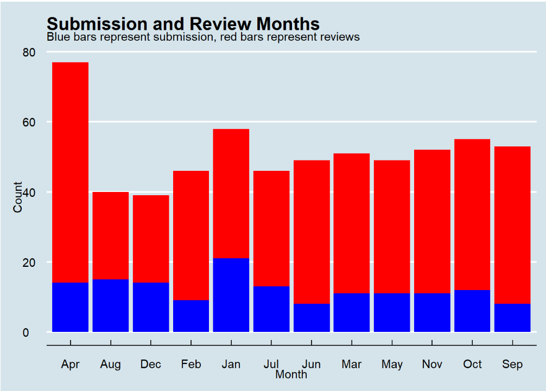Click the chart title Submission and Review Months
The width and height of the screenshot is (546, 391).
[183, 23]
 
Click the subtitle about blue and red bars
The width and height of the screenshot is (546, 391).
[203, 37]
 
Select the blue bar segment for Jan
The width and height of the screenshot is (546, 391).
[231, 294]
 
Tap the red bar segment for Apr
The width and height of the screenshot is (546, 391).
[71, 172]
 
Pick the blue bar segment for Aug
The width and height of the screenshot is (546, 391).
[111, 305]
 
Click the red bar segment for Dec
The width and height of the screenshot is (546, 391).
[151, 239]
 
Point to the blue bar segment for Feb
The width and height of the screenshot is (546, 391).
[191, 316]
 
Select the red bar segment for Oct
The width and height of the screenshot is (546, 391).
[472, 215]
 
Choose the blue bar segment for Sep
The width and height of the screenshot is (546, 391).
[512, 317]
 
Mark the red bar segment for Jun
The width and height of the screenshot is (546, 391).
[312, 232]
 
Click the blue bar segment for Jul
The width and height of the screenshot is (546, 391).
[271, 309]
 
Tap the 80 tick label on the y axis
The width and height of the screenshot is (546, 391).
[29, 53]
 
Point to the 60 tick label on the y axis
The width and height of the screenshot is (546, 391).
[29, 123]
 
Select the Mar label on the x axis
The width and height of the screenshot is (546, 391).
[352, 364]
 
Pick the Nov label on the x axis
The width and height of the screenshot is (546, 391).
[432, 364]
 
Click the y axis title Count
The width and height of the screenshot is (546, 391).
[18, 197]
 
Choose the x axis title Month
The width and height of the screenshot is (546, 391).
[291, 374]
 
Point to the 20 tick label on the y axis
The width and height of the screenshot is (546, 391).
[29, 262]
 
